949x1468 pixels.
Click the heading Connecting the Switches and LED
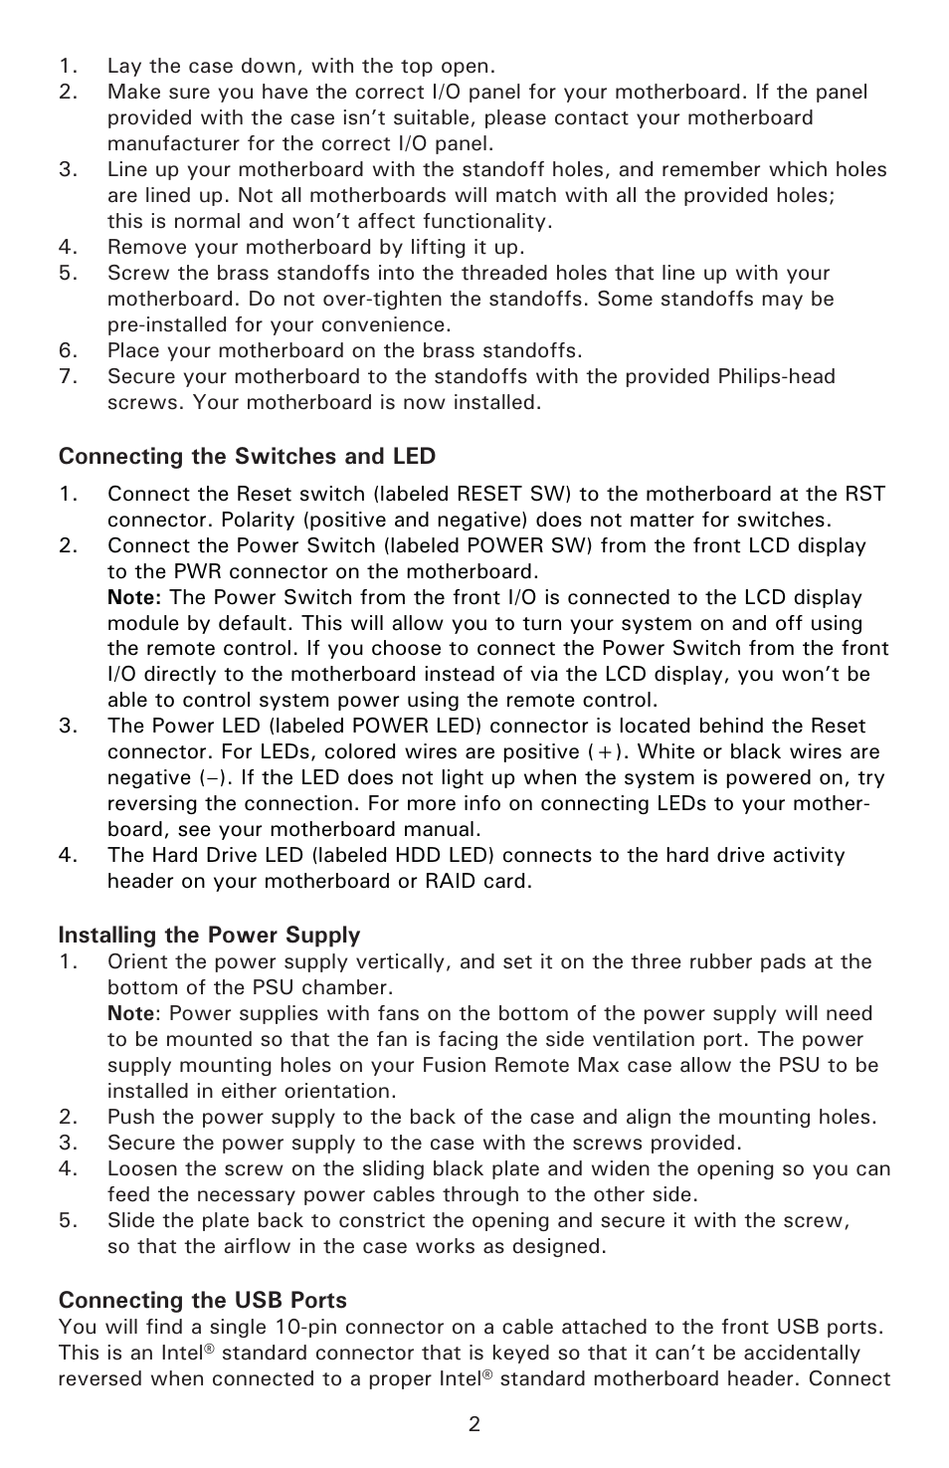tap(247, 457)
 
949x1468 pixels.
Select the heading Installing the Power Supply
tap(209, 936)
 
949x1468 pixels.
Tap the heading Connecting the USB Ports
tap(202, 1301)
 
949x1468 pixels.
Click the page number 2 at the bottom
tap(474, 1424)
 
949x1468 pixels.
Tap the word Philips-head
tap(776, 377)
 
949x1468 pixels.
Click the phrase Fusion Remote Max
tap(547, 1066)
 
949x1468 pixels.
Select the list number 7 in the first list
tap(67, 377)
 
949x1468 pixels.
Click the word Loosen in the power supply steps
tap(142, 1169)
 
